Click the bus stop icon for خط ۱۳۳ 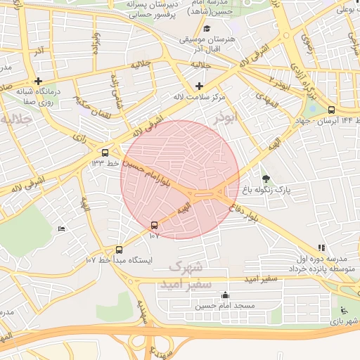point(105,153)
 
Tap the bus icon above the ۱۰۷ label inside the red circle point(155,225)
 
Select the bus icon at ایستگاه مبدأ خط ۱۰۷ point(118,250)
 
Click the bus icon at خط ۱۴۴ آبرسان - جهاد point(331,110)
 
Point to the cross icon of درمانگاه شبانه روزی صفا point(39,81)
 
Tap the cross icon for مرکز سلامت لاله point(199,86)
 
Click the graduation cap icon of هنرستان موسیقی point(207,29)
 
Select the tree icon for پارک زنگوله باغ point(265,179)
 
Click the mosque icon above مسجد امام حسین point(225,295)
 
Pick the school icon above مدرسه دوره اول point(321,247)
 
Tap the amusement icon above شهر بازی point(342,310)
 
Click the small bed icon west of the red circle point(61,229)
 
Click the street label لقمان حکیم point(91,101)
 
